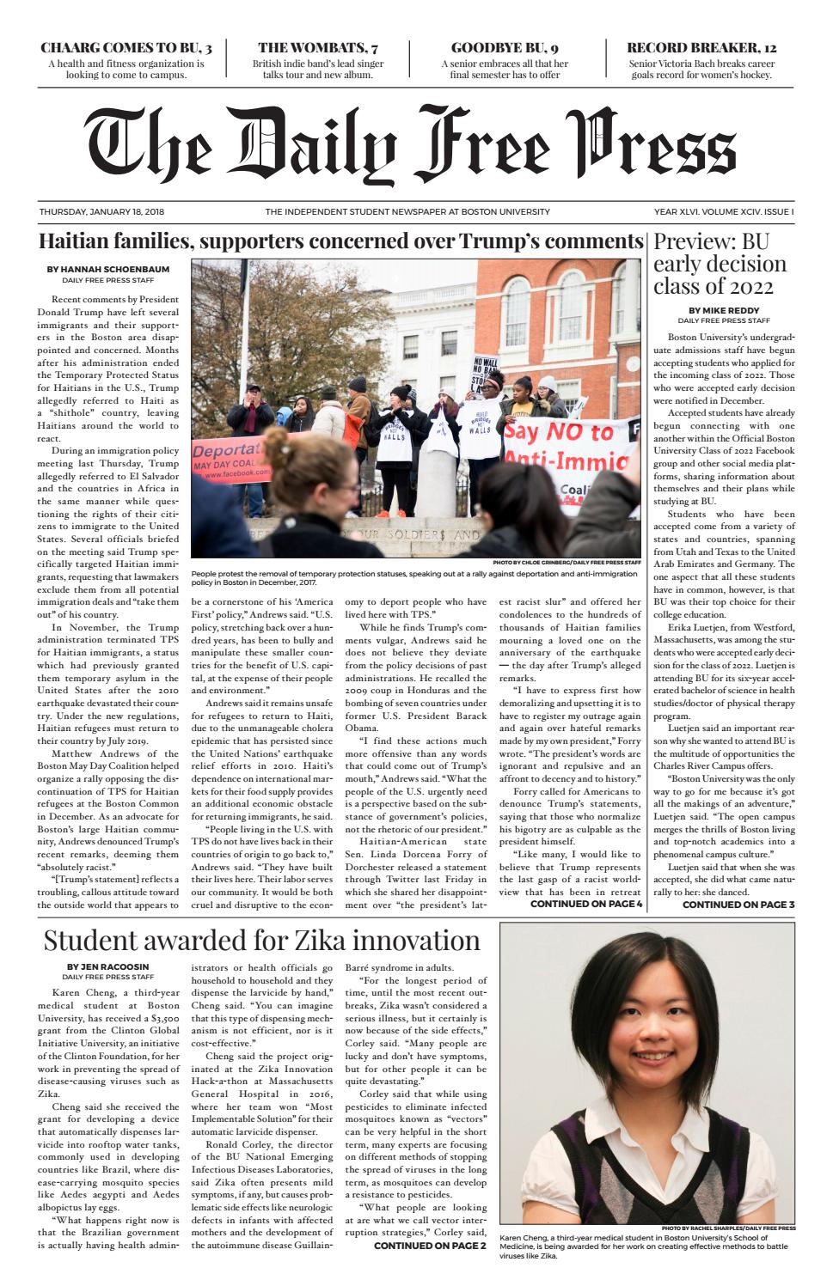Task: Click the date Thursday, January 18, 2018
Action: [101, 211]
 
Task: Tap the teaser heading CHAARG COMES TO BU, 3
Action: [126, 47]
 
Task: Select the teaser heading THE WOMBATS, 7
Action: [318, 47]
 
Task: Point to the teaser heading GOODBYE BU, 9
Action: [505, 47]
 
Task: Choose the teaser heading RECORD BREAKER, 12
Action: [701, 47]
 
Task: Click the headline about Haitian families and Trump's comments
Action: [341, 241]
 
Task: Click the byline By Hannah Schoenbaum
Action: [108, 269]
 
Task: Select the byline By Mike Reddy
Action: [724, 310]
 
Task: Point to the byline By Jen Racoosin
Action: [108, 966]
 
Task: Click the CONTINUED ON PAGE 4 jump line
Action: [586, 904]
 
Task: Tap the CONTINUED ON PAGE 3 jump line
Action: [738, 904]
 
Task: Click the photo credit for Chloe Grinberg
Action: [567, 563]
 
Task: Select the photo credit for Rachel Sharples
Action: [728, 1228]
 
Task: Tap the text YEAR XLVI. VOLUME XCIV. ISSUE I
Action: [724, 211]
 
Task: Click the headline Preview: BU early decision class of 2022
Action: [720, 263]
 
